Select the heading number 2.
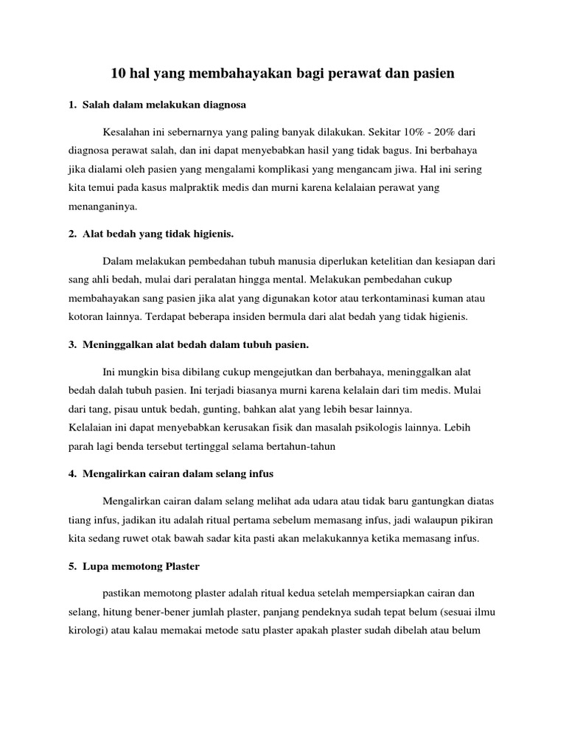(x=71, y=234)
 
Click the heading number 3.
(x=71, y=344)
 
